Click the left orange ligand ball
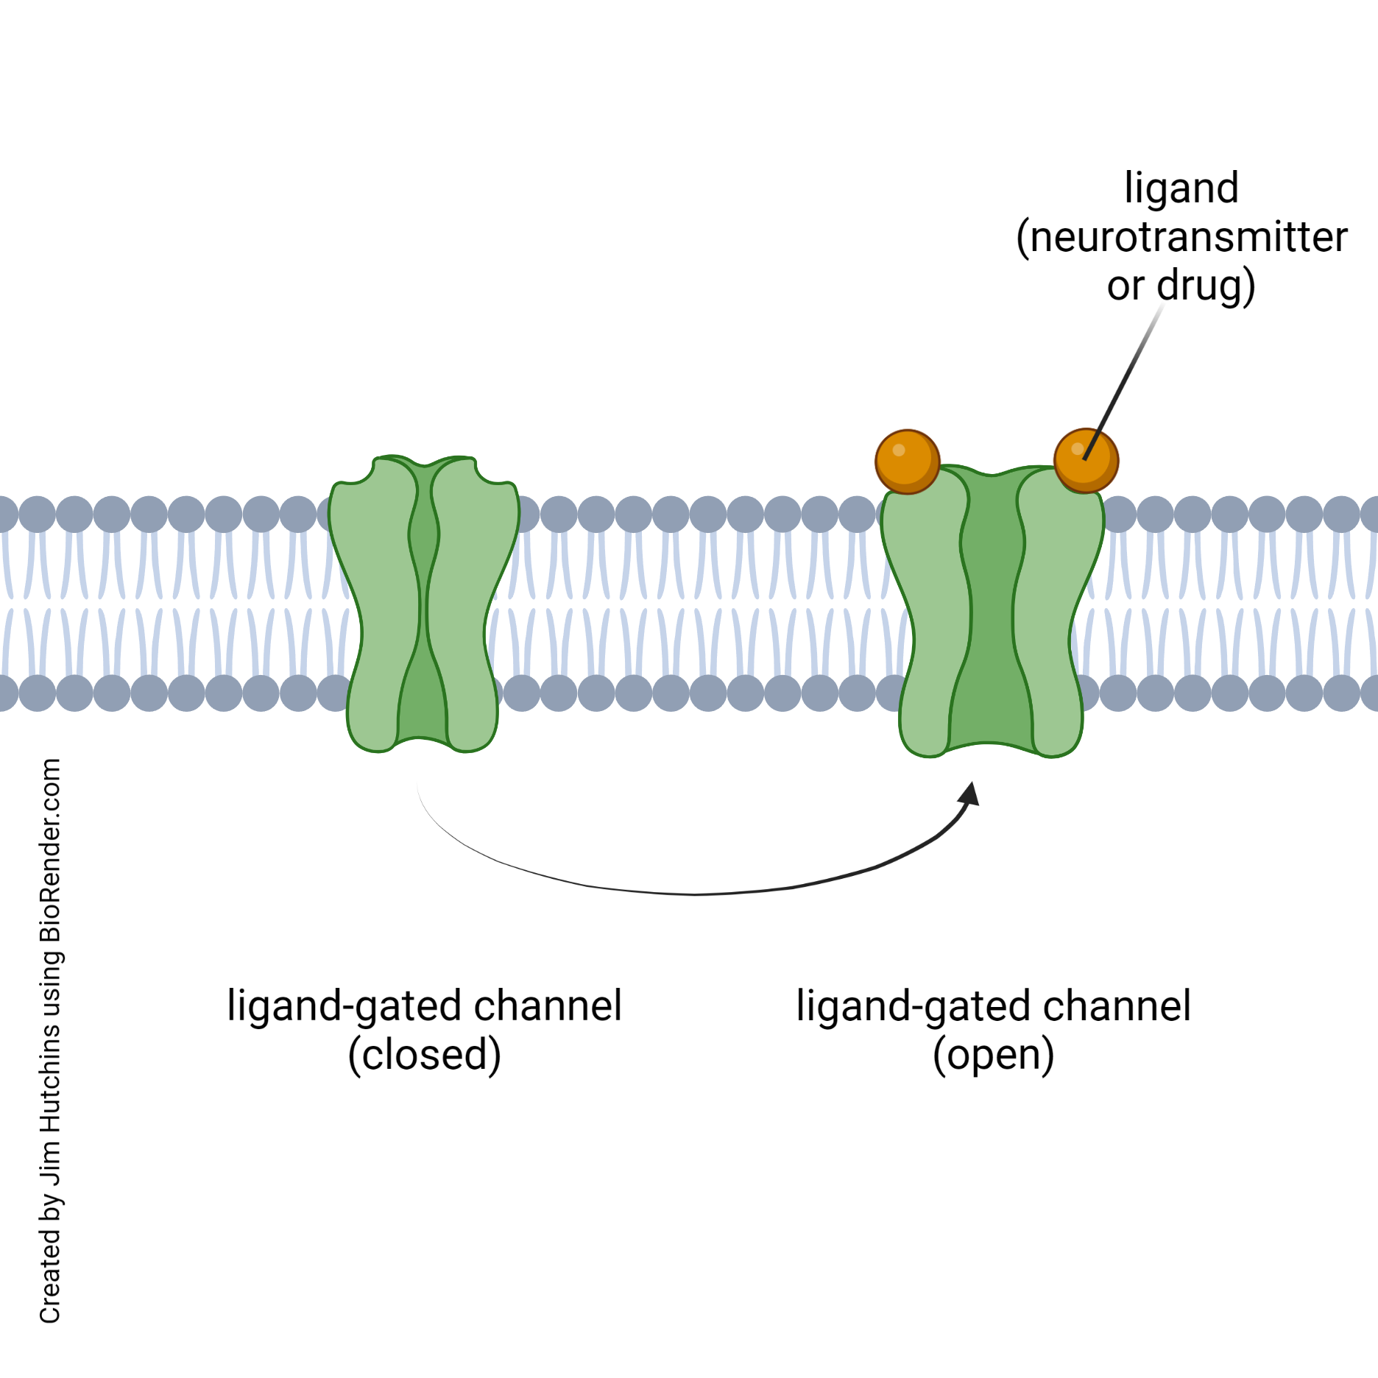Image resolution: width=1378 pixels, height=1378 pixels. (907, 462)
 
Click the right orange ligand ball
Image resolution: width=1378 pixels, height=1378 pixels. (1086, 461)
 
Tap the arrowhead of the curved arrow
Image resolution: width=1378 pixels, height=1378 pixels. (969, 794)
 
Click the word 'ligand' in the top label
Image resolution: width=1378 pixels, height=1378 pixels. (1181, 188)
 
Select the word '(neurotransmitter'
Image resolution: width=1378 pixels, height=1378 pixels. (1181, 238)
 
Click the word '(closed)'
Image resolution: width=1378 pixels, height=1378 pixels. (425, 1055)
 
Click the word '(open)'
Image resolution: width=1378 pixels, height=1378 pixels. (993, 1055)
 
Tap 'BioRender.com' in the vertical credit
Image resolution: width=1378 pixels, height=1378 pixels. (50, 851)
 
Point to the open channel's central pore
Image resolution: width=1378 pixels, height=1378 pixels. (991, 611)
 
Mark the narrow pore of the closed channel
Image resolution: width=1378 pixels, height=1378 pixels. (423, 611)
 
